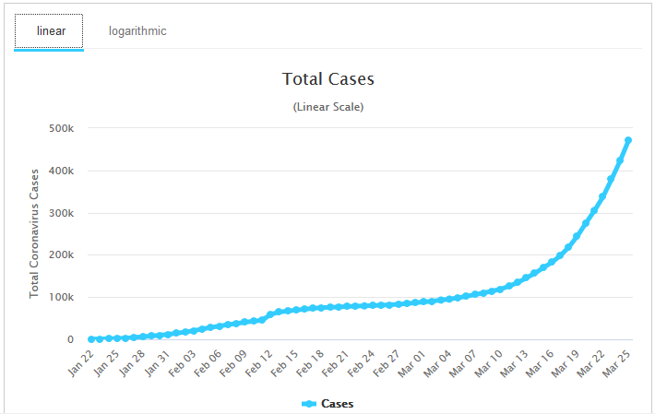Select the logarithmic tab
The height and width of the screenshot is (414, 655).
137,31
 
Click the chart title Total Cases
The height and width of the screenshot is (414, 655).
327,79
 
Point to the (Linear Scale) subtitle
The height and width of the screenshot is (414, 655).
327,107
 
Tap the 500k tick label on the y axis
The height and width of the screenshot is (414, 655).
62,128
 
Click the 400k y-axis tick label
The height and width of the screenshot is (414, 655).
62,171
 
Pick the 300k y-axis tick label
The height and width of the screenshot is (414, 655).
62,213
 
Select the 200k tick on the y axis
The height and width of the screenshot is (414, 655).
62,254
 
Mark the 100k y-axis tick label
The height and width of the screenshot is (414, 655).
62,297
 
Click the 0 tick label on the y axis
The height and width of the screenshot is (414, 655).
71,339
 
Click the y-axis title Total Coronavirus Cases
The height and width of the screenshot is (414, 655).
34,233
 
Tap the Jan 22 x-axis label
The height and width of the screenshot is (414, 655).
80,363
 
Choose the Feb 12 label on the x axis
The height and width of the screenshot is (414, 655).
259,363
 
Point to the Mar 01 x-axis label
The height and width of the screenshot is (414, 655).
411,363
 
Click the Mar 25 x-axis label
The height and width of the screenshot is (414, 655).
616,363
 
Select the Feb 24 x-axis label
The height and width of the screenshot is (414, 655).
361,363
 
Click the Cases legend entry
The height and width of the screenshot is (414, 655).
327,404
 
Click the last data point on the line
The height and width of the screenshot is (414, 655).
628,141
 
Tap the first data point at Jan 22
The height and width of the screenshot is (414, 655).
91,339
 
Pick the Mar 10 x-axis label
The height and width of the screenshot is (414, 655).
489,363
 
